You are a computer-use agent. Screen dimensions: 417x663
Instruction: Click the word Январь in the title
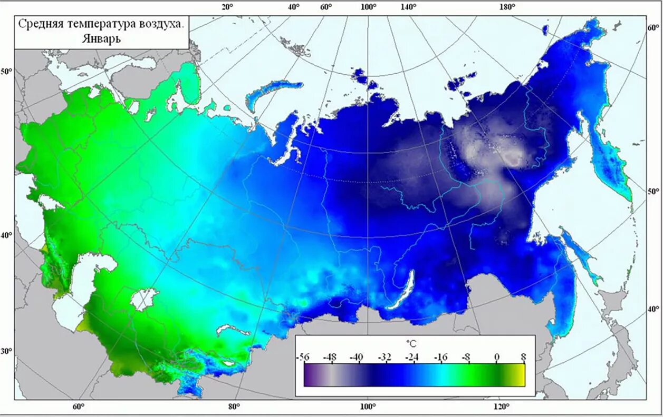click(x=101, y=38)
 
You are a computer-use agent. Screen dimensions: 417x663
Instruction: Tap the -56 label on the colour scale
click(x=303, y=357)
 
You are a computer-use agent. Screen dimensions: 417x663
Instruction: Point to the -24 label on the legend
click(x=412, y=357)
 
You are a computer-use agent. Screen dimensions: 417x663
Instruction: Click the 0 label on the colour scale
click(x=497, y=357)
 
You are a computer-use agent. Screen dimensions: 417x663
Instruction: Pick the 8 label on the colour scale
click(x=523, y=357)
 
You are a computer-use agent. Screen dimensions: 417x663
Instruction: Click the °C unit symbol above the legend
click(x=411, y=343)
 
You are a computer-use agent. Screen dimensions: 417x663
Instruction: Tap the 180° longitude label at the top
click(x=507, y=7)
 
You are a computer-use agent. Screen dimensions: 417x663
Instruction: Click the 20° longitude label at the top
click(x=227, y=7)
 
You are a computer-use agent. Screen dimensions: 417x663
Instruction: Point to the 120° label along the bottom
click(x=502, y=406)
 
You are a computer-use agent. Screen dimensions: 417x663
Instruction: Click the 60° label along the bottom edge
click(x=78, y=406)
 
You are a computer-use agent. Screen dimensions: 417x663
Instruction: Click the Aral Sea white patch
click(x=143, y=299)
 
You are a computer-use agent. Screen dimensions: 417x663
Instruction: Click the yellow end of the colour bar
click(x=520, y=375)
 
